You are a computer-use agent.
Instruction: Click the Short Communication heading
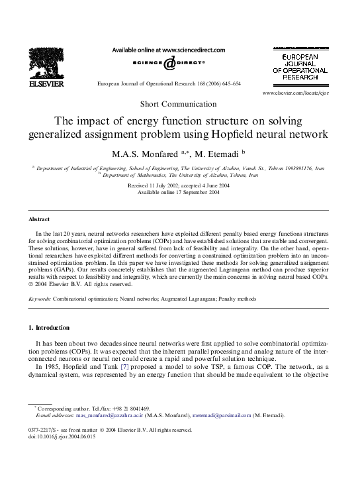click(179, 104)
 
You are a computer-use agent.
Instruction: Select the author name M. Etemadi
click(222, 153)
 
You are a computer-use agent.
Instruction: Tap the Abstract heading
click(39, 219)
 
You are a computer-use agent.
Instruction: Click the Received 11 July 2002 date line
click(179, 185)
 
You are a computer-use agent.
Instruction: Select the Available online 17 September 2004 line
click(179, 192)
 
